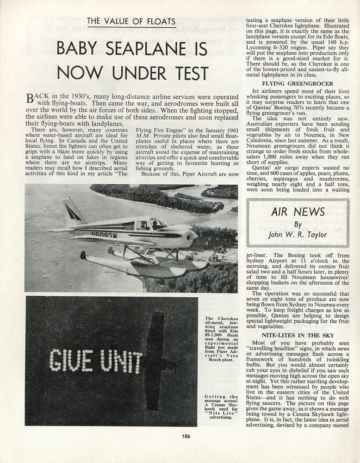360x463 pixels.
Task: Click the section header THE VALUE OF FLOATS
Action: coord(131,21)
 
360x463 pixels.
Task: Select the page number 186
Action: coord(186,436)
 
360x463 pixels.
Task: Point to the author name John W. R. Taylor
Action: coord(298,235)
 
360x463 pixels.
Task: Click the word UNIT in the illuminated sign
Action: coord(121,361)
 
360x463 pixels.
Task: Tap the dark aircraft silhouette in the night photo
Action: coord(155,361)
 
